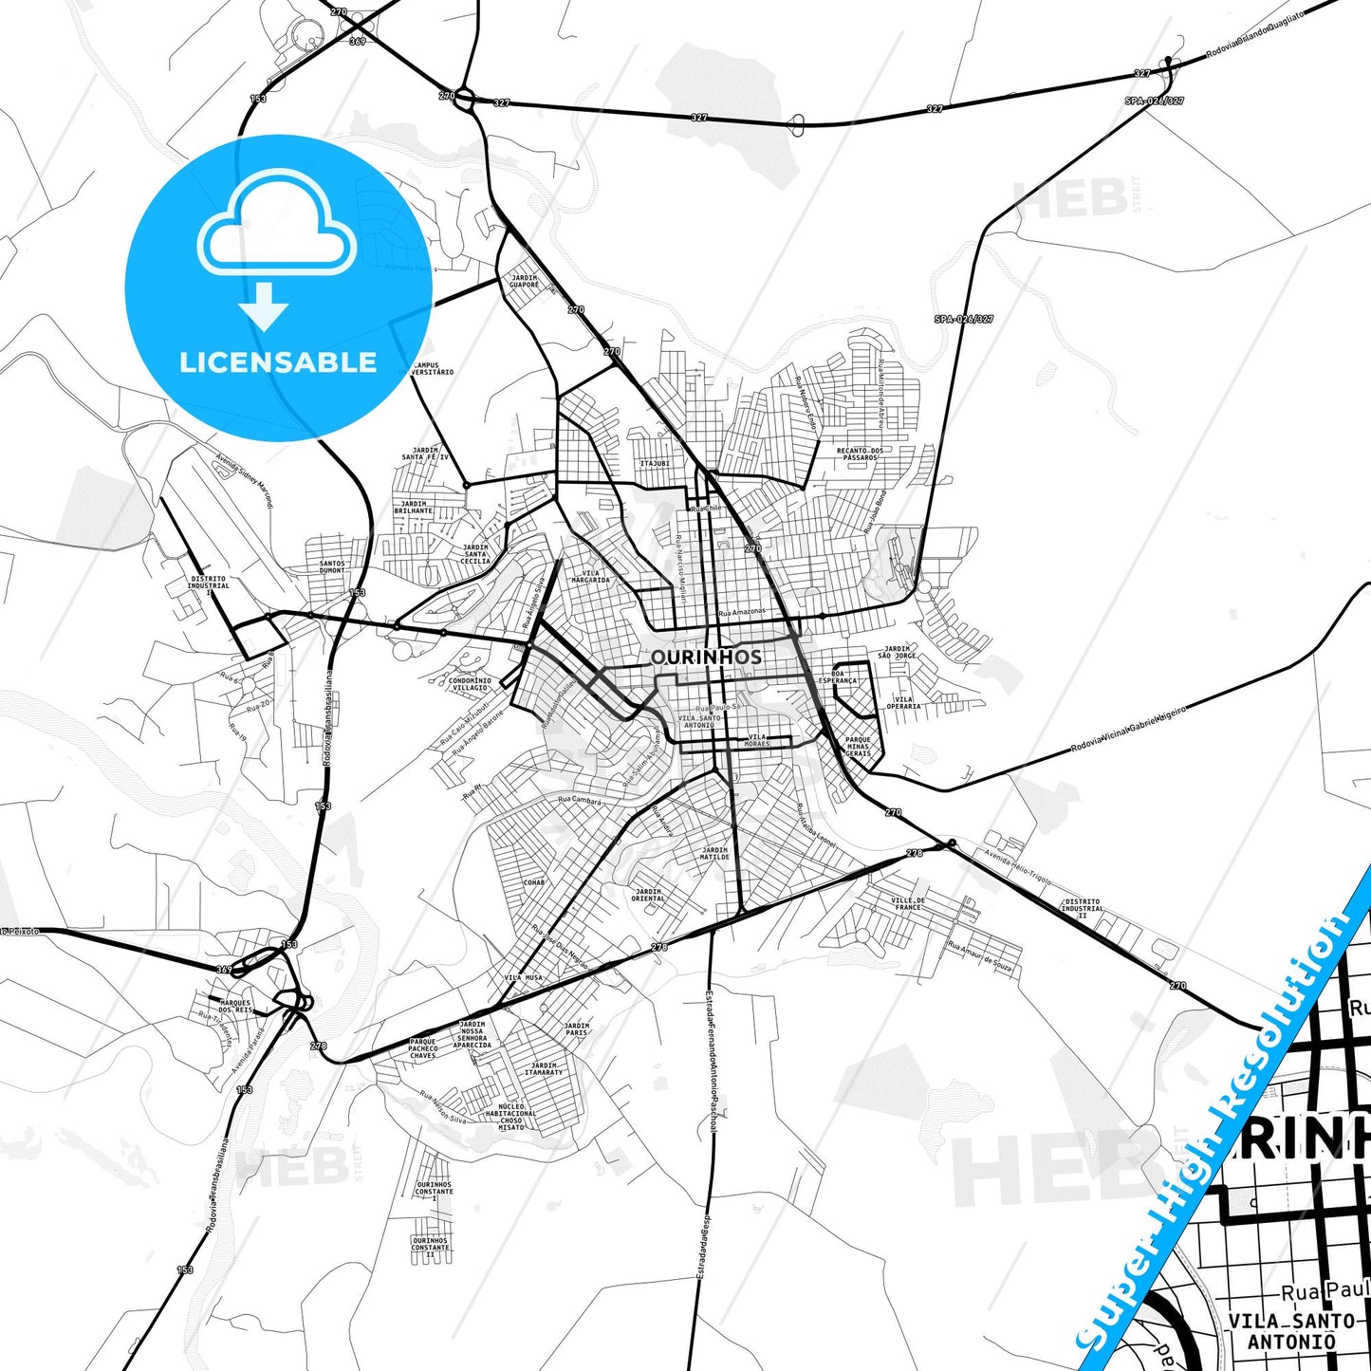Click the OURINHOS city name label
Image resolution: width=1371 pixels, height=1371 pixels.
[706, 657]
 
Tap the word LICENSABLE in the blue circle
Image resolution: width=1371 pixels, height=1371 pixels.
[278, 362]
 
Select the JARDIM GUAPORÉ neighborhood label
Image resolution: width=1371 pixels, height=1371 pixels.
[524, 282]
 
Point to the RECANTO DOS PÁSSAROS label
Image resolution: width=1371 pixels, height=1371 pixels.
[860, 454]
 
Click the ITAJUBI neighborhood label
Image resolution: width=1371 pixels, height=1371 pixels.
[655, 463]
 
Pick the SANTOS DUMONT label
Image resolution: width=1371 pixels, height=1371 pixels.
[332, 566]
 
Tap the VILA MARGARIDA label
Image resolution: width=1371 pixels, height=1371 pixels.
[596, 576]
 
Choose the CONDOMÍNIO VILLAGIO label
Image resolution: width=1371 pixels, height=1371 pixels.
[470, 683]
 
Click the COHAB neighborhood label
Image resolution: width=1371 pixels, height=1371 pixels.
[534, 882]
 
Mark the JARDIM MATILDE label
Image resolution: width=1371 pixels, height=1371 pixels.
[714, 854]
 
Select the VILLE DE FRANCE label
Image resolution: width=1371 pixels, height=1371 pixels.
[908, 903]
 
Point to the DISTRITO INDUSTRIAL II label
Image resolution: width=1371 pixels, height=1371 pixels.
[1082, 909]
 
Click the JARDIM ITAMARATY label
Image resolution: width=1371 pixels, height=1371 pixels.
[544, 1069]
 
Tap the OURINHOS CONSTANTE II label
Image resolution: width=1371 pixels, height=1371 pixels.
[430, 1247]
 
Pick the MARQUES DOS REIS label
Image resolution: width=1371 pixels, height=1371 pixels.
[235, 1006]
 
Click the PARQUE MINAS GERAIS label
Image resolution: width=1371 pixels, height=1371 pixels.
[858, 747]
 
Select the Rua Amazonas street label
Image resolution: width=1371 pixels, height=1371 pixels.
[741, 613]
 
